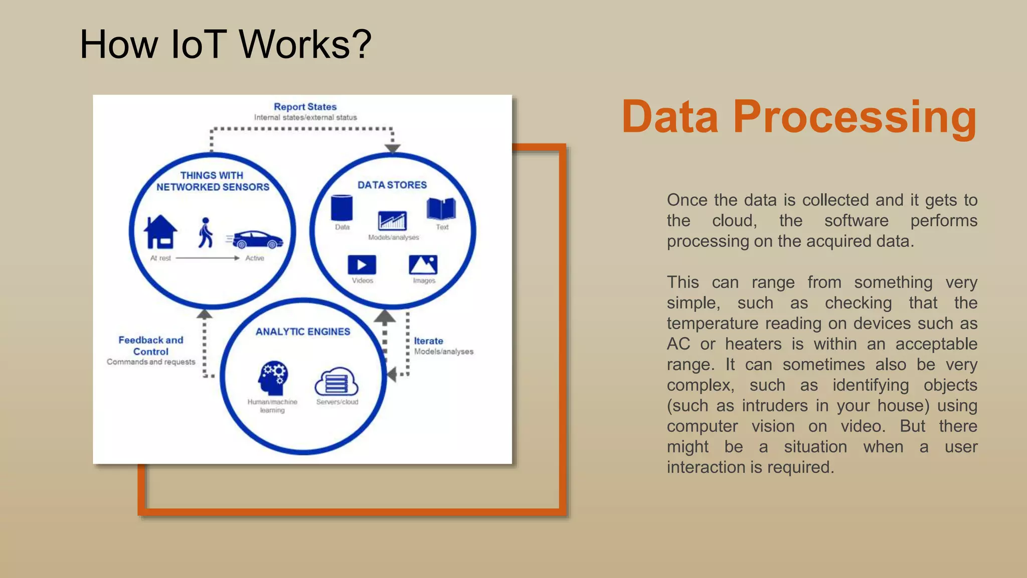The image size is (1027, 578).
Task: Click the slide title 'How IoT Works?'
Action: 225,45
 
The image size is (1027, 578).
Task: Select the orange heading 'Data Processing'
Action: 799,117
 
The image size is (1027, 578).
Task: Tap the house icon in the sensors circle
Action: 160,232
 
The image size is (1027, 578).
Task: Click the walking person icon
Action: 205,233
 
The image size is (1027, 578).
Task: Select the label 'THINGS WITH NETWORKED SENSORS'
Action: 213,181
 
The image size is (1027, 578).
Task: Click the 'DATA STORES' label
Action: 392,185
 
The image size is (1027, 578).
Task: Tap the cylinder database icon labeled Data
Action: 341,208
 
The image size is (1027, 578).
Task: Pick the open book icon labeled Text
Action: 441,209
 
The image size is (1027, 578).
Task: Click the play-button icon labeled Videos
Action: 362,265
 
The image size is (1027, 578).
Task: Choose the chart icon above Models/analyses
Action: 392,221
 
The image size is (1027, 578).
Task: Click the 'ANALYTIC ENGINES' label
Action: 303,332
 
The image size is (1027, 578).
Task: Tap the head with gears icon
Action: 273,378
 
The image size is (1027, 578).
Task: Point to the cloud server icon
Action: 336,382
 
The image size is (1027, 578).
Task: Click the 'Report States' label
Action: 305,107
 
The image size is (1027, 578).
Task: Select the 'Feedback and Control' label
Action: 151,346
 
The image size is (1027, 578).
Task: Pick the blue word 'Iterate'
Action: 428,341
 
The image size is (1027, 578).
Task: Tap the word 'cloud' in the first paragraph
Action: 734,221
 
